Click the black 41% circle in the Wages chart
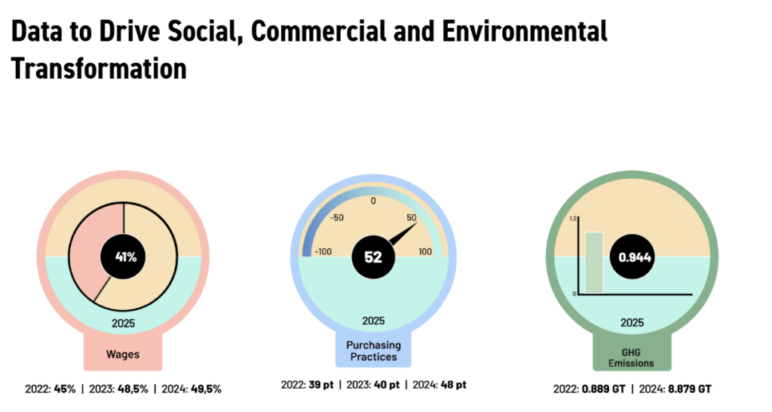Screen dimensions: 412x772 [x=124, y=257]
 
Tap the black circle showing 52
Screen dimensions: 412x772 [x=373, y=257]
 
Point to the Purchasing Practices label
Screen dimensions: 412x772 [x=373, y=350]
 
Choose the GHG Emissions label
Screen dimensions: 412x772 [x=632, y=357]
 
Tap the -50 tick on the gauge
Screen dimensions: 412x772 [x=335, y=218]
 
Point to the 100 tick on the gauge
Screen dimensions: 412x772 [x=426, y=251]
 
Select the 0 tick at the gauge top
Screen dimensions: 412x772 [x=373, y=201]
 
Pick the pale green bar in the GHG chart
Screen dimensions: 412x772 [x=595, y=263]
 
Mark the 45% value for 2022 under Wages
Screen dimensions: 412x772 [x=65, y=389]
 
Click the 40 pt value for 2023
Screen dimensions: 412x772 [x=384, y=385]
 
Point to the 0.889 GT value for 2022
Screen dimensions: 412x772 [x=599, y=389]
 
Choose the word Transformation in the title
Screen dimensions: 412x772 [x=98, y=68]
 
